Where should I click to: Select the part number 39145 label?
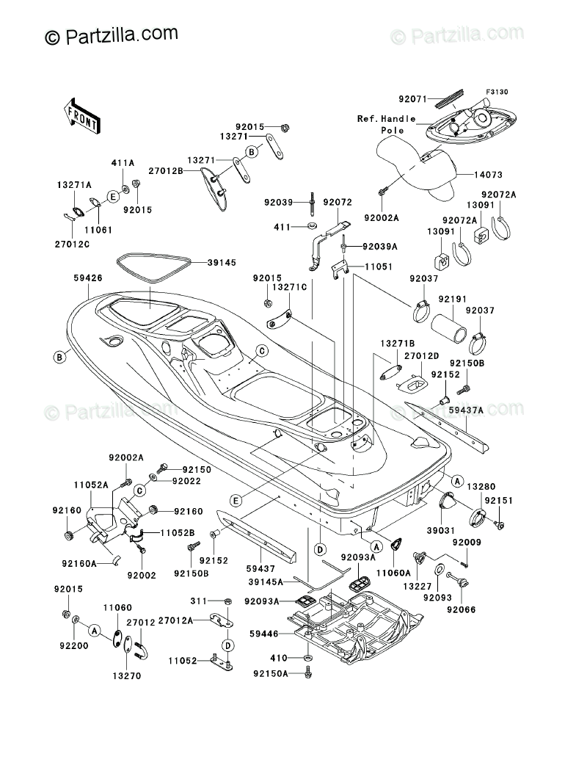coord(222,262)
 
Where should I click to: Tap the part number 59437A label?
coord(486,410)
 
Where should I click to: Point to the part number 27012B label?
coord(163,170)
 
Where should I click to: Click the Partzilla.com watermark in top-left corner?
coord(112,35)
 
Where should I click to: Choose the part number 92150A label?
coord(269,673)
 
